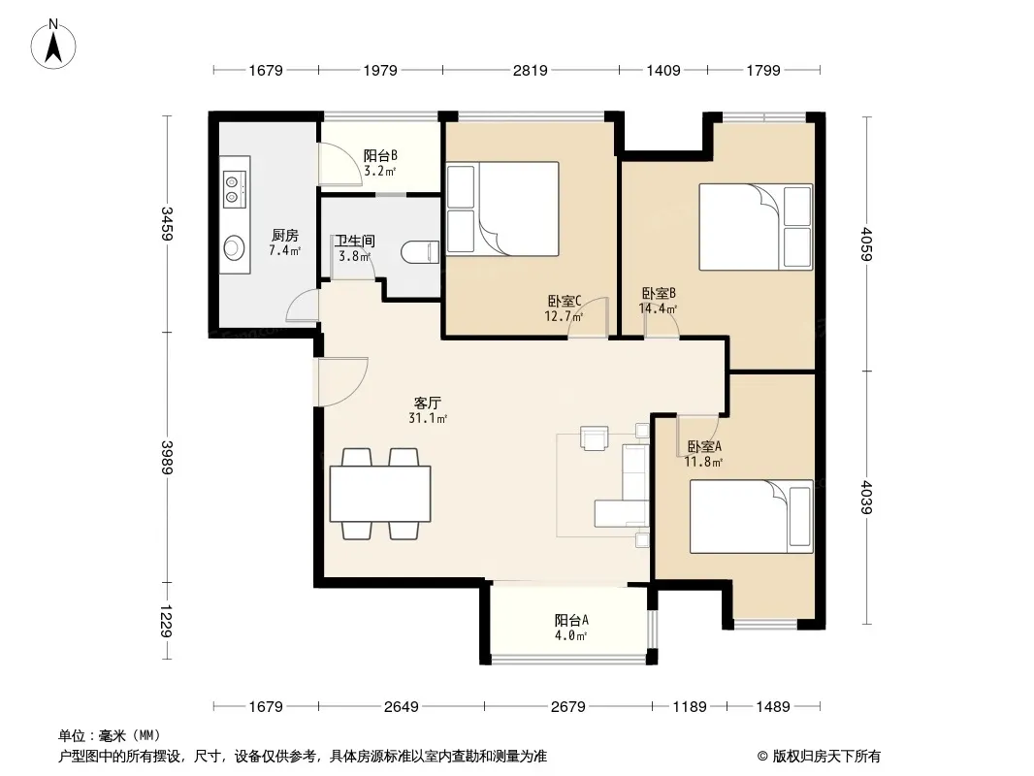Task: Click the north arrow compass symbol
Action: coord(53,44)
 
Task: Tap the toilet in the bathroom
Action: coord(420,252)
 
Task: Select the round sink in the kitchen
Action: coord(234,248)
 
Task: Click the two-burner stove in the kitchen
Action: coord(234,188)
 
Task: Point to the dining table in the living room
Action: coord(380,494)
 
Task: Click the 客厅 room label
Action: coord(428,403)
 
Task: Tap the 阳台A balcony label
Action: coord(571,620)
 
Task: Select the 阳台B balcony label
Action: coord(380,155)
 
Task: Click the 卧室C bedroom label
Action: coord(564,301)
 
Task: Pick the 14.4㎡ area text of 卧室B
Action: coord(658,307)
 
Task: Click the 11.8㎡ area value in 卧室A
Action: coord(703,462)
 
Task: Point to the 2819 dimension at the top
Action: coord(531,70)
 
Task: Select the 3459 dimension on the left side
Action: coord(167,223)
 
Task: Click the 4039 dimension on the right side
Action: coord(866,497)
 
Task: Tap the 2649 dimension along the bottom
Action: coord(401,706)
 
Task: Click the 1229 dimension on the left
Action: coord(167,621)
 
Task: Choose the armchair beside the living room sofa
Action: coord(594,437)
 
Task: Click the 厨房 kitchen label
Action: coord(285,235)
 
